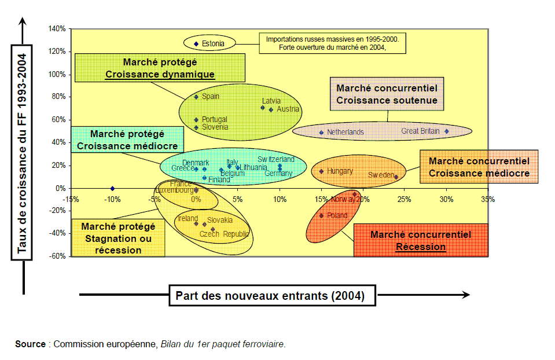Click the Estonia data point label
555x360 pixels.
tap(213, 43)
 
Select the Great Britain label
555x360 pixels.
tap(421, 131)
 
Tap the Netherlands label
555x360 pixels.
tap(345, 132)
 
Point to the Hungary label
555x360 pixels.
tap(340, 171)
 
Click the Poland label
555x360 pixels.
tap(337, 215)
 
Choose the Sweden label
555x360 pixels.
tap(380, 175)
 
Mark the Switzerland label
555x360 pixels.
tap(276, 159)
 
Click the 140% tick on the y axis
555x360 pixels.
tap(57, 28)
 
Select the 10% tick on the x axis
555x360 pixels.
tap(280, 200)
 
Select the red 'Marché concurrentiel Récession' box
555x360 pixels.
tap(421, 240)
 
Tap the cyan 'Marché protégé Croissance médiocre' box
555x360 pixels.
tap(127, 140)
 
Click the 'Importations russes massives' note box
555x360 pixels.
tap(332, 43)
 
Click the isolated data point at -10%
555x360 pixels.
tap(112, 188)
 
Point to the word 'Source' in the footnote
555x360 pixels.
tap(30, 344)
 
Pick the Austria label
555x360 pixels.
tap(288, 109)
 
